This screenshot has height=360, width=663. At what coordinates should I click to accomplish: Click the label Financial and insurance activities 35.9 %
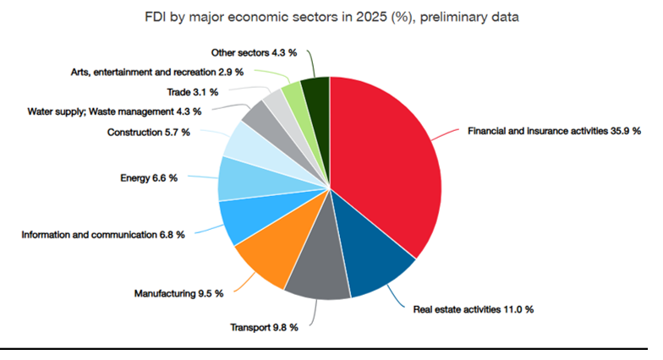click(x=554, y=131)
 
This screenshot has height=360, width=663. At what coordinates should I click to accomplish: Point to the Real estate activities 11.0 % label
click(x=474, y=309)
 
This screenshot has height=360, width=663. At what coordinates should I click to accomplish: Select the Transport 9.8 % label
click(x=264, y=328)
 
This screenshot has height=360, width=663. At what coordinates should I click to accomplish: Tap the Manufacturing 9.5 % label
click(x=178, y=293)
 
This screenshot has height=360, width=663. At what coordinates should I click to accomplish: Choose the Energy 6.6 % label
click(x=149, y=177)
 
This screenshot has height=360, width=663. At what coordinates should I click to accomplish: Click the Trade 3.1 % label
click(x=193, y=91)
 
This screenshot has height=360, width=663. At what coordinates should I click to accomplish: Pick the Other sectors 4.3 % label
click(x=254, y=52)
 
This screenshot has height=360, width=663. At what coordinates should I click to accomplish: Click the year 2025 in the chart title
click(x=370, y=17)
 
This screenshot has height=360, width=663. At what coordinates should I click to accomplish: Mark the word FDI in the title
click(x=156, y=17)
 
